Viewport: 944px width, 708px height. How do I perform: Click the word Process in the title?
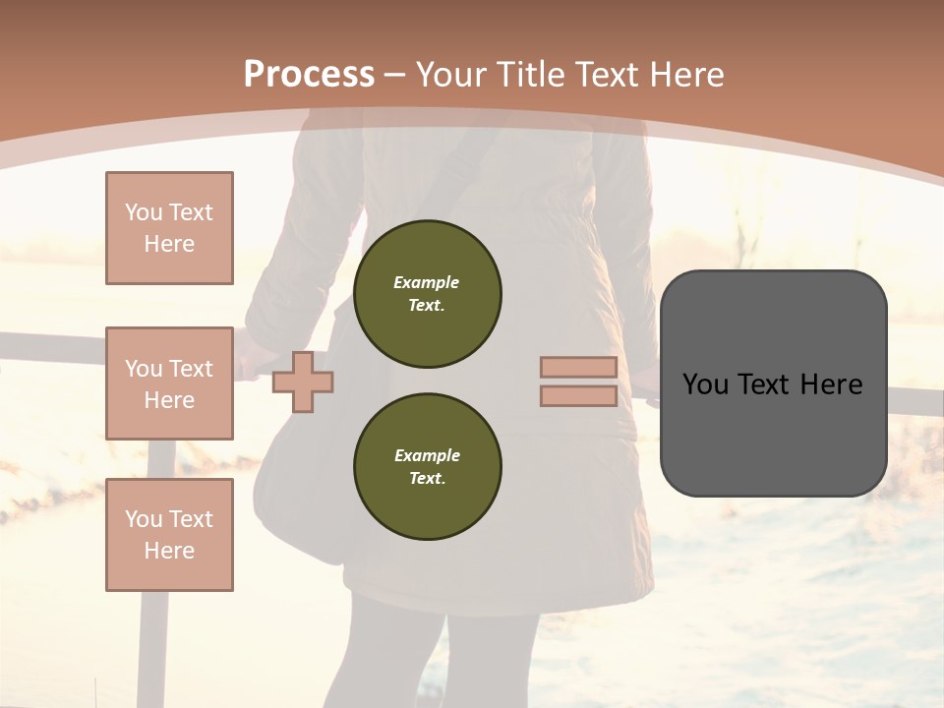pos(309,75)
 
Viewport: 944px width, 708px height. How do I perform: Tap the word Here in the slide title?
pos(682,75)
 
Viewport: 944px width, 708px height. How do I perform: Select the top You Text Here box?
pos(169,228)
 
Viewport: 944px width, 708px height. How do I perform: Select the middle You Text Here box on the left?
pos(169,383)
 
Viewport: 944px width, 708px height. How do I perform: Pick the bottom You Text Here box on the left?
pos(169,535)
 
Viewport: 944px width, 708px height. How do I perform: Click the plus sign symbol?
pos(303,382)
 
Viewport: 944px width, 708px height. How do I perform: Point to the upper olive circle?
pos(427,293)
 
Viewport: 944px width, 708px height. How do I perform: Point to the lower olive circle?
pos(427,466)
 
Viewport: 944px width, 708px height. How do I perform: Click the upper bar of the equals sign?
pos(578,367)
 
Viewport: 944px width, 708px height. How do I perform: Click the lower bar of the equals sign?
pos(578,395)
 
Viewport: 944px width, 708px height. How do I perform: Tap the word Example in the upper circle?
pos(426,282)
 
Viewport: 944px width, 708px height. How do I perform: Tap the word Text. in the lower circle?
pos(427,478)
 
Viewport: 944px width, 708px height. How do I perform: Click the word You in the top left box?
pos(144,212)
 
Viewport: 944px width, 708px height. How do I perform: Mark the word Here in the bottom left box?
pos(169,551)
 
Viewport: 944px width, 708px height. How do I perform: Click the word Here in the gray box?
pos(832,384)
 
